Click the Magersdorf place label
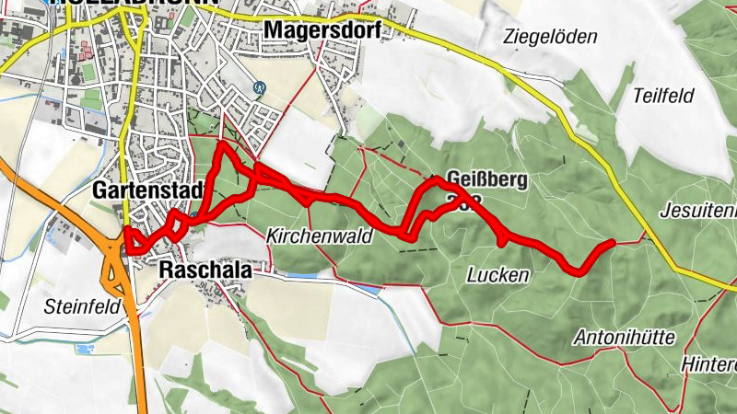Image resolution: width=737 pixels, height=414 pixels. [x=322, y=30]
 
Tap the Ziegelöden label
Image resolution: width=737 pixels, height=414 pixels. [x=551, y=37]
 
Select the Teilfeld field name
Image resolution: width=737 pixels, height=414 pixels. [x=664, y=96]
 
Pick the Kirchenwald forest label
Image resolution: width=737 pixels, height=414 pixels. [x=319, y=236]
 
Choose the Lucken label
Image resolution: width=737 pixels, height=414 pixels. [x=498, y=274]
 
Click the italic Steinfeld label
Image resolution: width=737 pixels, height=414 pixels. [x=82, y=306]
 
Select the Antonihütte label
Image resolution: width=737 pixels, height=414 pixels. [x=626, y=336]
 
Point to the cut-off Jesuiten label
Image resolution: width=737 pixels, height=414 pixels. [x=698, y=211]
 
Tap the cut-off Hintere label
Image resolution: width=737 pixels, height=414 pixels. [x=708, y=364]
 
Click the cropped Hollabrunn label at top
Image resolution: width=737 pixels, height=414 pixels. [x=138, y=4]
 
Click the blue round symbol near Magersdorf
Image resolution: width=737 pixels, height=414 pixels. [x=260, y=88]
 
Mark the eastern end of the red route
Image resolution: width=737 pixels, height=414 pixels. [x=611, y=243]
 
